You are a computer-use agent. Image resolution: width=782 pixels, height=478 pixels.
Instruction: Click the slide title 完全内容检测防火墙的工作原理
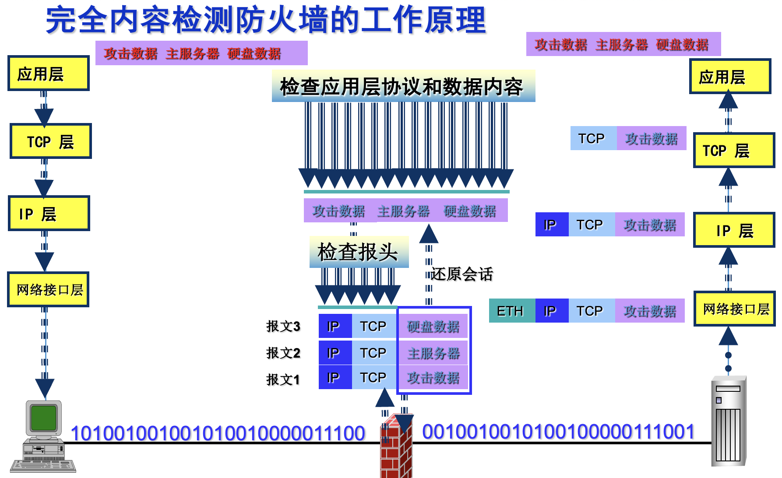[x=266, y=20]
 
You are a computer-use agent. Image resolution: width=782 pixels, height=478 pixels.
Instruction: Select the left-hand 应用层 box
[x=49, y=74]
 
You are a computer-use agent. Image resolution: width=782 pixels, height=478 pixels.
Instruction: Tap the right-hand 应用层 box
[x=730, y=77]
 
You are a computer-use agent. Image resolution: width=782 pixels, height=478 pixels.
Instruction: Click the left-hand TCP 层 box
[x=50, y=141]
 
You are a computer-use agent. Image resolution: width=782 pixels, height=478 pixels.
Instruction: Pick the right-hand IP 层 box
[x=734, y=230]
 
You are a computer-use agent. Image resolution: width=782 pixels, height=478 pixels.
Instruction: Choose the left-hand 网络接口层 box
[x=49, y=289]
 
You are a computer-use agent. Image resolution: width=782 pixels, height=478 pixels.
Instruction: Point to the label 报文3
[x=283, y=326]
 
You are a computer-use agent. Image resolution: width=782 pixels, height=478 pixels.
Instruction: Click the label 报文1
[x=283, y=379]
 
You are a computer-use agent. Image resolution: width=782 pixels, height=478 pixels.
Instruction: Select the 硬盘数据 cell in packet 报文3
[x=433, y=326]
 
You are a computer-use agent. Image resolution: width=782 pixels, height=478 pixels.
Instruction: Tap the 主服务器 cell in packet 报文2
[x=433, y=353]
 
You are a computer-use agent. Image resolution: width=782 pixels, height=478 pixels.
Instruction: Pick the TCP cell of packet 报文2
[x=373, y=353]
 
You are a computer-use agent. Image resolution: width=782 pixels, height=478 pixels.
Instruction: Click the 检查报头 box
[x=359, y=252]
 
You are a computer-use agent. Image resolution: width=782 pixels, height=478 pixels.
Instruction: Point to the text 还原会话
[x=462, y=274]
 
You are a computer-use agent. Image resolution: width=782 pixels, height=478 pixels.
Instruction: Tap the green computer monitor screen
[x=44, y=417]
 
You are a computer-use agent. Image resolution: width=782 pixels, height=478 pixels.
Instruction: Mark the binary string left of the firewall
[x=218, y=433]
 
